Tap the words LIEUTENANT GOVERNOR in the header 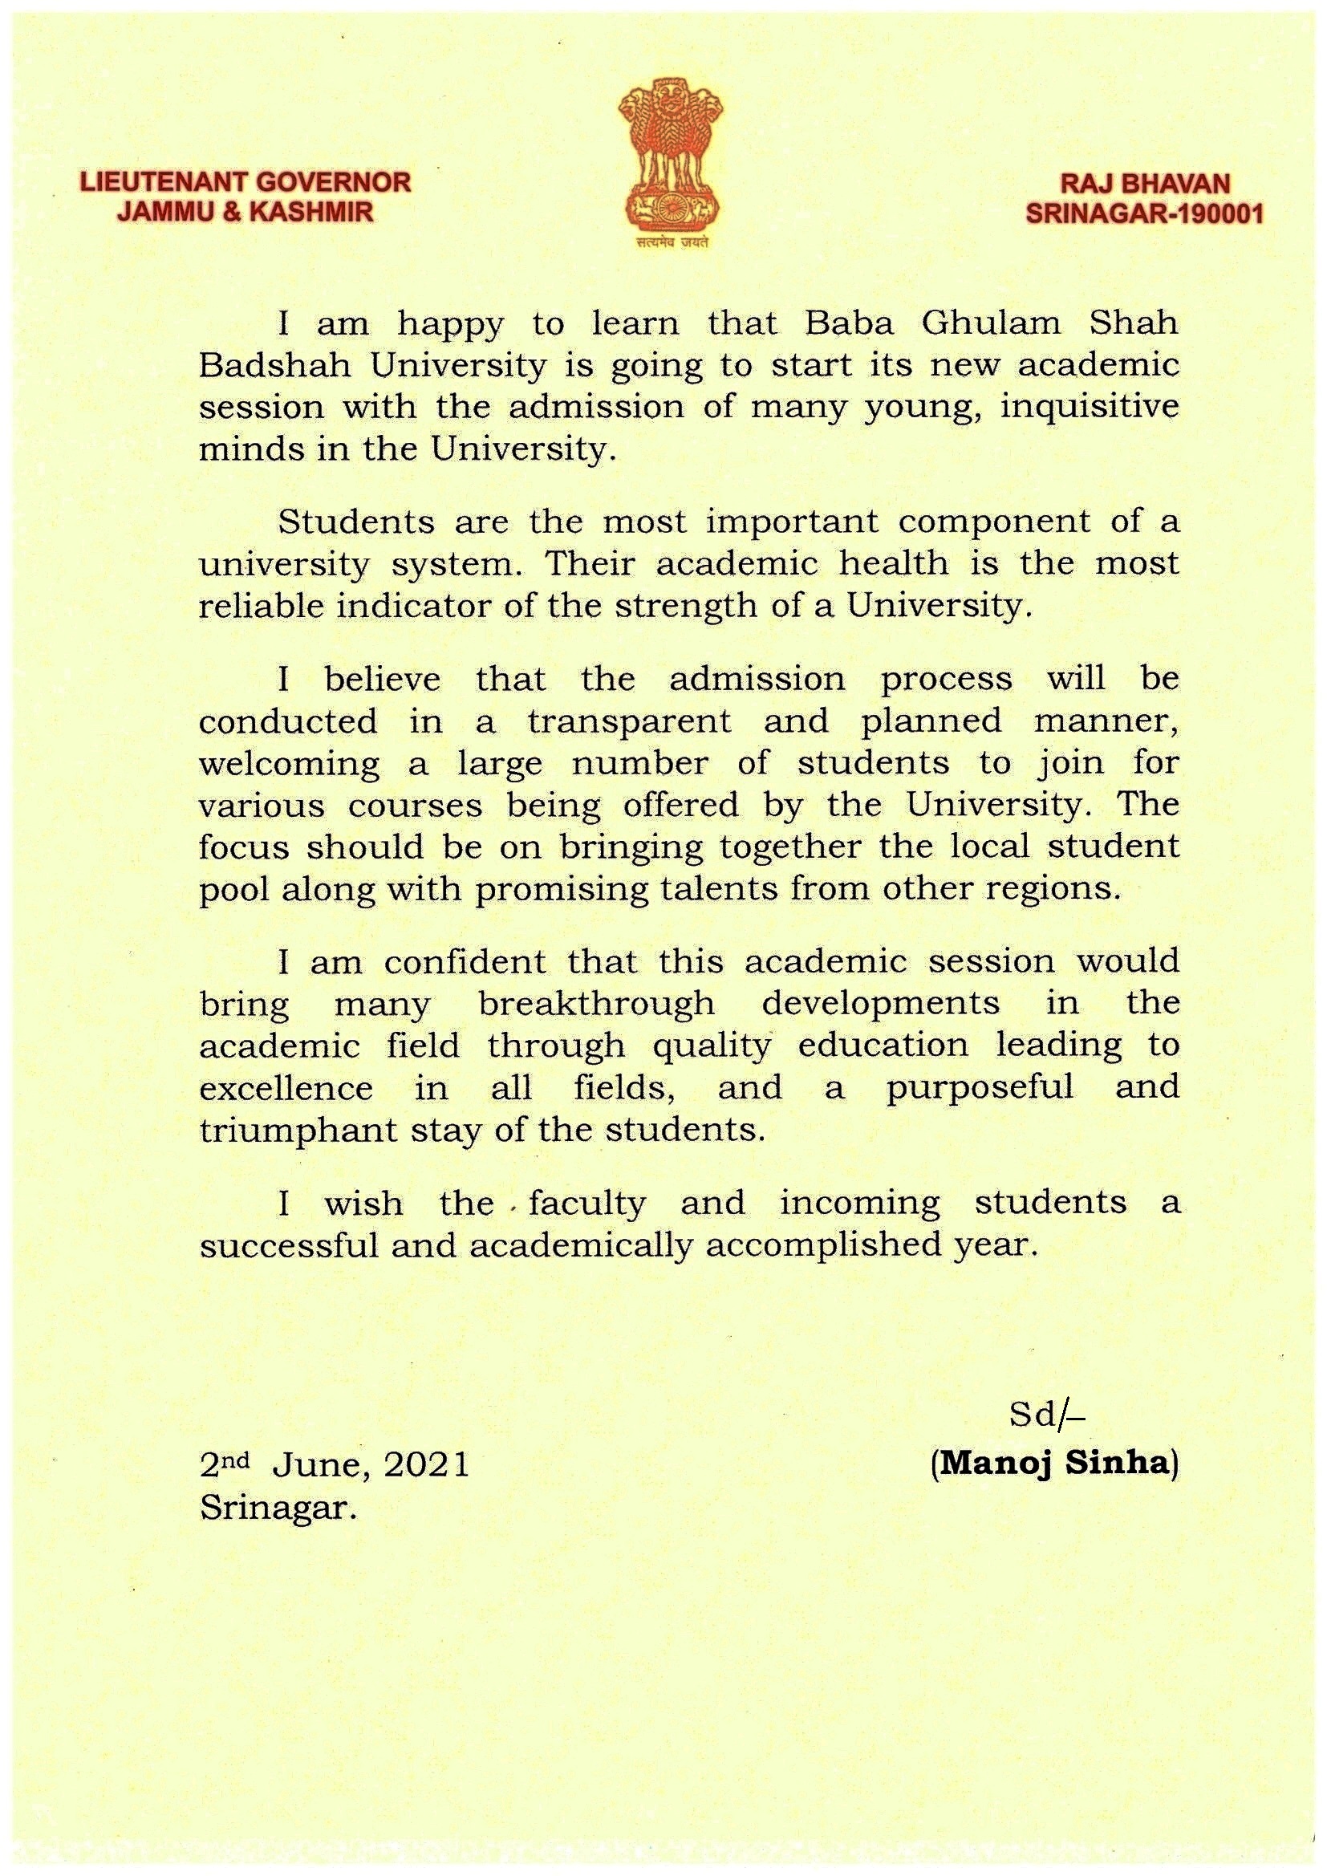click(x=246, y=182)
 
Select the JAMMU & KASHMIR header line click(x=246, y=213)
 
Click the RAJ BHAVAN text click(x=1144, y=184)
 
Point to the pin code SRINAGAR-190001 click(x=1144, y=214)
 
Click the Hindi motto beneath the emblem click(x=671, y=242)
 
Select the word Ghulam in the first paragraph click(x=990, y=324)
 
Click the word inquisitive click(x=1090, y=408)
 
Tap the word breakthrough click(x=596, y=1003)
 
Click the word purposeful click(x=980, y=1088)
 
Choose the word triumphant click(x=277, y=1131)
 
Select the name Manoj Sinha click(x=1054, y=1463)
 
